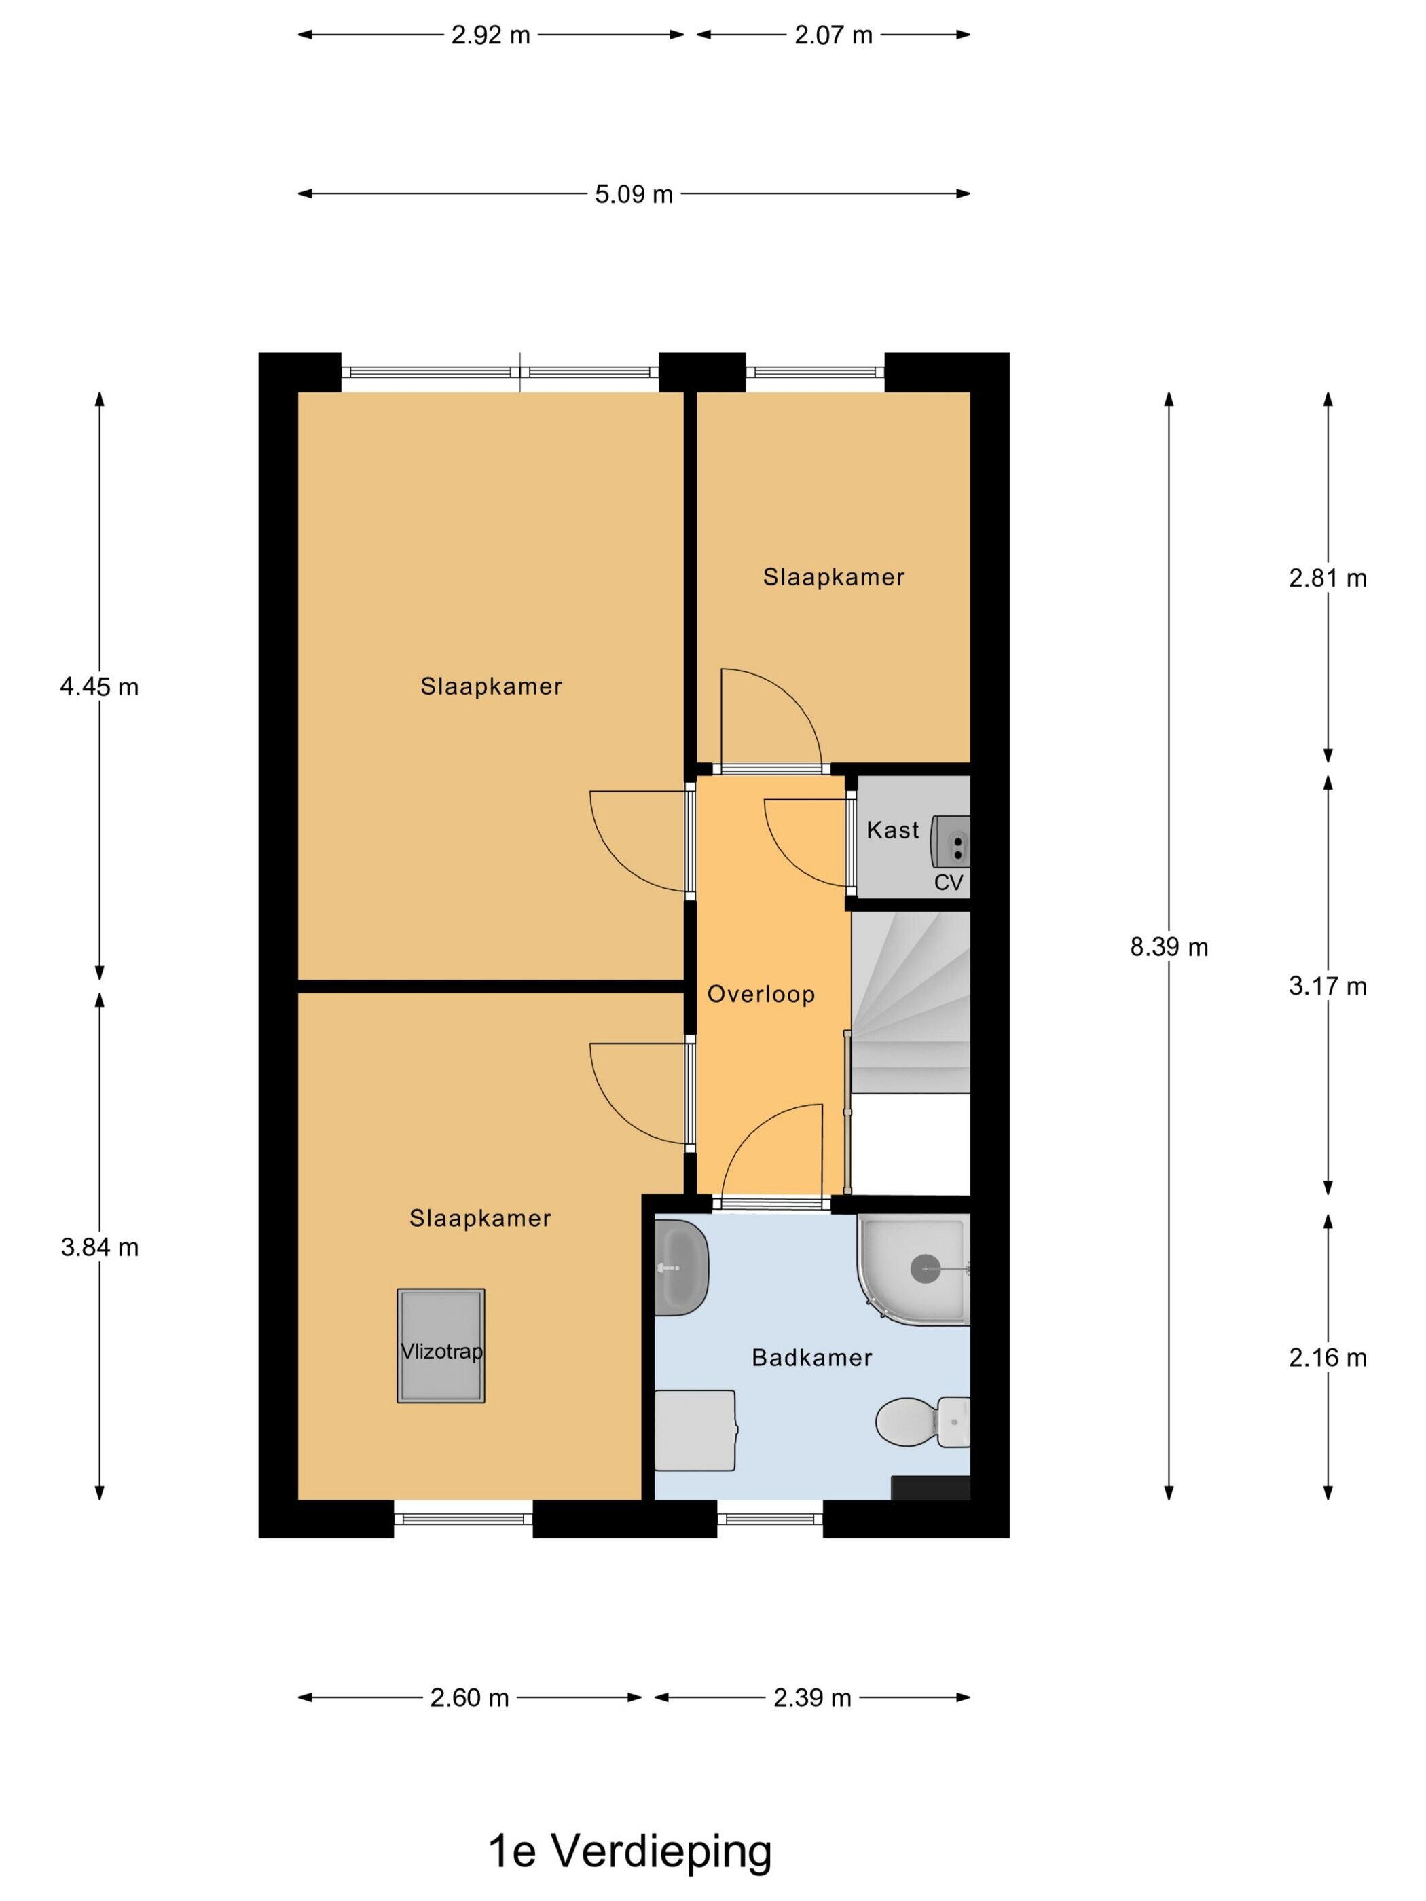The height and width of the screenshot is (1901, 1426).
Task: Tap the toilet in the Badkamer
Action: (x=922, y=1422)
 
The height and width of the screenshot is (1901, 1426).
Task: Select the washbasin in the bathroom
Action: (x=681, y=1267)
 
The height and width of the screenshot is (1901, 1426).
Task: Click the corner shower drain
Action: (x=926, y=1268)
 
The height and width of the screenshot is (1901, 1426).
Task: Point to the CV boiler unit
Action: (x=951, y=841)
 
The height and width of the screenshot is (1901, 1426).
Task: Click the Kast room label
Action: (x=892, y=830)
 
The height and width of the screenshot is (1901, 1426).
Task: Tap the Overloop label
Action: (x=761, y=995)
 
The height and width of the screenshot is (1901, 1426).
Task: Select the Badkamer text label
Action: (x=811, y=1358)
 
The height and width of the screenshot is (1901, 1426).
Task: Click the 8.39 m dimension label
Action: (x=1169, y=947)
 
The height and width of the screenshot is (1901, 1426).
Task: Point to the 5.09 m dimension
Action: (x=634, y=194)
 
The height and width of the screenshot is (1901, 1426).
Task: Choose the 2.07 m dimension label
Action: (x=833, y=35)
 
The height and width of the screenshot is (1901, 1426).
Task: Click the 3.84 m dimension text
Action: (x=100, y=1247)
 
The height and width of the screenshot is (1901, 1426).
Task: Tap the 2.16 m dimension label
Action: (x=1327, y=1358)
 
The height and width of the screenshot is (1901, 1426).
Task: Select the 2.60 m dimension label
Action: (x=469, y=1698)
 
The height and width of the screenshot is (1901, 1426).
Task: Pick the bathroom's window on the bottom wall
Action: (x=770, y=1519)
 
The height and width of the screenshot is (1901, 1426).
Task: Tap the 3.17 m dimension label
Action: (x=1327, y=986)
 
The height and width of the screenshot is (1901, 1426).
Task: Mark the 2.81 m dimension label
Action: (x=1327, y=578)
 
